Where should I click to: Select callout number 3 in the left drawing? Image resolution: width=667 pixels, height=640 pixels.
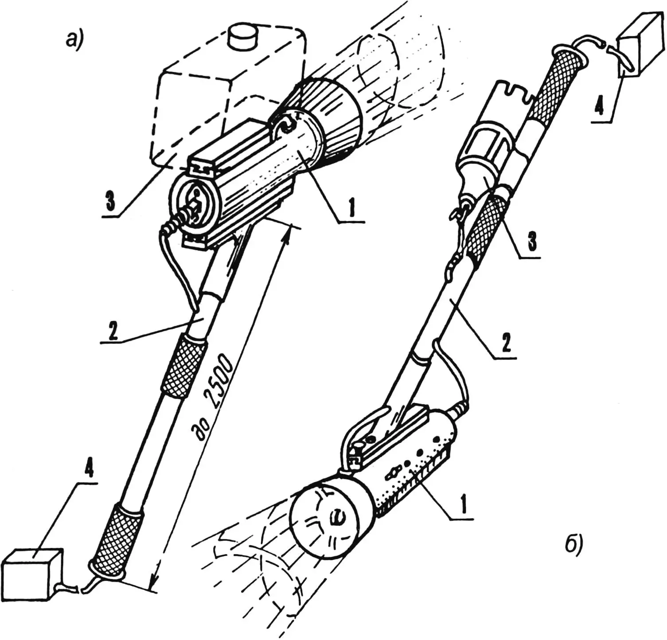point(109,201)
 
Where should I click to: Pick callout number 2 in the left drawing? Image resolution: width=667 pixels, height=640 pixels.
point(113,332)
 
